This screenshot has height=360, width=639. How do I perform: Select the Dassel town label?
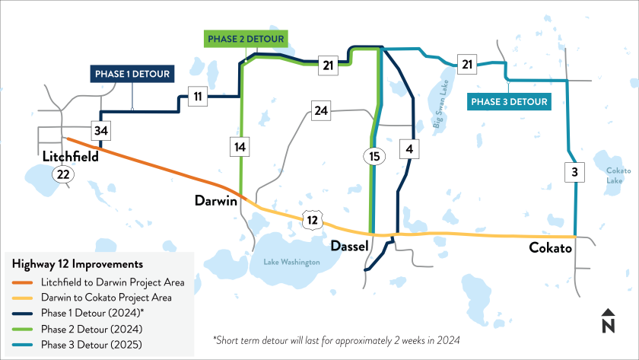[x=350, y=247]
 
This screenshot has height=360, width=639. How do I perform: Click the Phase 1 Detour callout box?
[x=132, y=74]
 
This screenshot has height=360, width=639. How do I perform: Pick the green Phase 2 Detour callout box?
[x=245, y=39]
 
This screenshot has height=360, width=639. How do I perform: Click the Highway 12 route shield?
[x=312, y=220]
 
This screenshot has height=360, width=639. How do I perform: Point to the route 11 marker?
[x=197, y=96]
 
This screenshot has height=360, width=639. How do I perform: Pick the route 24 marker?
[x=321, y=111]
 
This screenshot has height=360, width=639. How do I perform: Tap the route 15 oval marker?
[x=373, y=157]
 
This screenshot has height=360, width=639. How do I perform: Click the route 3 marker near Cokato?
[x=574, y=173]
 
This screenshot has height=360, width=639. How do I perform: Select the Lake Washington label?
[x=292, y=262]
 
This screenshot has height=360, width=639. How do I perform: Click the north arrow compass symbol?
[x=607, y=323]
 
